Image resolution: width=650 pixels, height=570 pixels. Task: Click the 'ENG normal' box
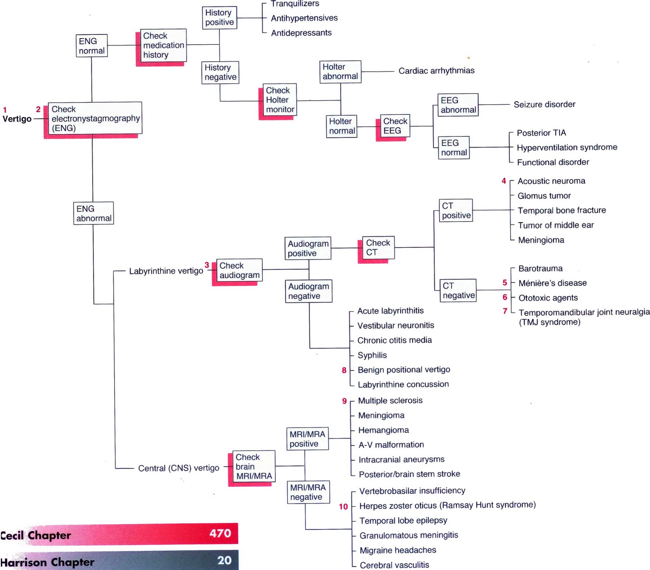pyautogui.click(x=92, y=46)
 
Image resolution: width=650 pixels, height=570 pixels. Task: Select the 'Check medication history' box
pyautogui.click(x=163, y=45)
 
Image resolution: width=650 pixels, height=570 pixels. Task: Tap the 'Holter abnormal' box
pyautogui.click(x=340, y=72)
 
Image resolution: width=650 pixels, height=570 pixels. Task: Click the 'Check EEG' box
pyautogui.click(x=395, y=126)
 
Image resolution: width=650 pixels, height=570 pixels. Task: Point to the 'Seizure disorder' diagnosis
pyautogui.click(x=544, y=105)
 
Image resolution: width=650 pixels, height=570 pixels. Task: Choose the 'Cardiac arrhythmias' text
pyautogui.click(x=436, y=71)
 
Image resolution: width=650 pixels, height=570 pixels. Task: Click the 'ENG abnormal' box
pyautogui.click(x=93, y=213)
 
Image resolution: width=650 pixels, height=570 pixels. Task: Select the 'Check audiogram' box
pyautogui.click(x=239, y=270)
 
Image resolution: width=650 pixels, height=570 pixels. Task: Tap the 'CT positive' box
pyautogui.click(x=456, y=211)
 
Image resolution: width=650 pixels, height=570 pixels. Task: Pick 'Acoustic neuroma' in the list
pyautogui.click(x=551, y=181)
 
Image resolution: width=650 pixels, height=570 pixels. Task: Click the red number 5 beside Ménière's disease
pyautogui.click(x=505, y=283)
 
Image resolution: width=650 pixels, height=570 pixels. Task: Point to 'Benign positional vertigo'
pyautogui.click(x=404, y=370)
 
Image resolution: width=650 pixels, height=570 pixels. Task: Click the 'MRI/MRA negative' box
pyautogui.click(x=308, y=492)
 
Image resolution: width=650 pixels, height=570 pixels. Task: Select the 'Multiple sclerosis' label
pyautogui.click(x=390, y=401)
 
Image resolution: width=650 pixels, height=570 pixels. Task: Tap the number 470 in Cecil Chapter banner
pyautogui.click(x=220, y=533)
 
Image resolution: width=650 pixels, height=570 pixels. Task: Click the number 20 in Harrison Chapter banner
pyautogui.click(x=224, y=560)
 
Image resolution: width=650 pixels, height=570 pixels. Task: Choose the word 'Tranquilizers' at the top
pyautogui.click(x=295, y=4)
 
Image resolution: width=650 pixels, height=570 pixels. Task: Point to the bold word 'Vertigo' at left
pyautogui.click(x=17, y=119)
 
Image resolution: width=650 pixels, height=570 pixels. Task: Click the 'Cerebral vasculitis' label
pyautogui.click(x=394, y=565)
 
